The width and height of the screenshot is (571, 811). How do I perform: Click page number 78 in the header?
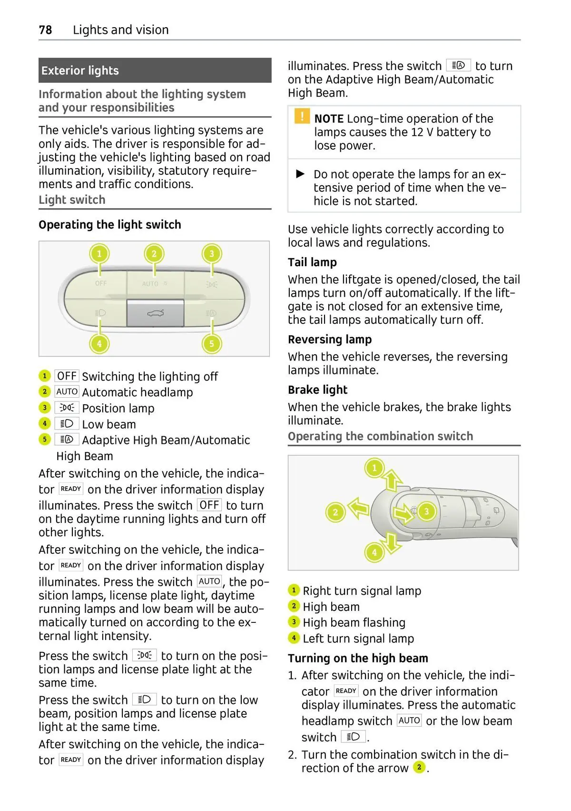click(45, 30)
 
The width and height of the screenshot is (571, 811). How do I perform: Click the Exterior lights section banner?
click(155, 70)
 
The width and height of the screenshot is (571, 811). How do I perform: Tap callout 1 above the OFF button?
click(99, 254)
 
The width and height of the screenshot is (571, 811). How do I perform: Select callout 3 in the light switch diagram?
click(212, 254)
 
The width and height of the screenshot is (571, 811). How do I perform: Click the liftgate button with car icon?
click(155, 313)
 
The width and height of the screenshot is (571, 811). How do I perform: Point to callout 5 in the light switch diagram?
click(212, 343)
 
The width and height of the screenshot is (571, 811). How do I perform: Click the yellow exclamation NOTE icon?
click(302, 117)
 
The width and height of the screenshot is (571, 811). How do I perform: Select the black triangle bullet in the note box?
click(300, 174)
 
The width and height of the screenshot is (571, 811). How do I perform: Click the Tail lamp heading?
click(312, 262)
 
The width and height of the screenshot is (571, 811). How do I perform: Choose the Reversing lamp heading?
click(330, 340)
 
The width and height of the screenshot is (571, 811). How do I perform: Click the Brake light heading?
click(317, 390)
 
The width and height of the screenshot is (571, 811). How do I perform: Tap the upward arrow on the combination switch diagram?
click(392, 480)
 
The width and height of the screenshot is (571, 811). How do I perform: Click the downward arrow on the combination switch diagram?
click(392, 542)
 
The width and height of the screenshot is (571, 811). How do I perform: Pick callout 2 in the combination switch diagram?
click(335, 512)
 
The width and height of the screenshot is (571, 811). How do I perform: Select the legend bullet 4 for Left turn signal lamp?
click(294, 638)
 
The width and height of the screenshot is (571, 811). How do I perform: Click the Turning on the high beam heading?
click(358, 658)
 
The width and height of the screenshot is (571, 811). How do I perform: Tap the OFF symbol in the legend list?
click(67, 376)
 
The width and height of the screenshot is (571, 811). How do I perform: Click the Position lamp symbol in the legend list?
click(67, 408)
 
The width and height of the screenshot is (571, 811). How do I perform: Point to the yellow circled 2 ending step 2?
click(419, 767)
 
